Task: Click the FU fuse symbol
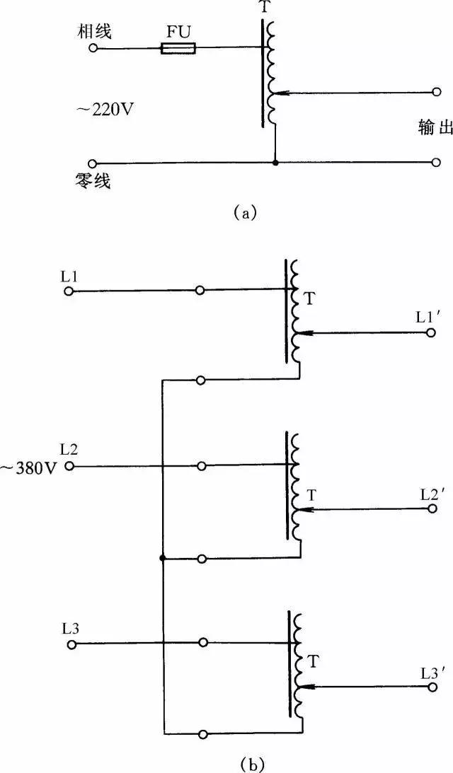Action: tap(178, 48)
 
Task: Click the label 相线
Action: tap(97, 32)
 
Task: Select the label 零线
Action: tap(96, 182)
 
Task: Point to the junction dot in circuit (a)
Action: tap(275, 163)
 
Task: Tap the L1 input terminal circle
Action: tap(69, 291)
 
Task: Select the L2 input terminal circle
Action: tap(69, 466)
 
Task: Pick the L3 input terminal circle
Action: tap(70, 644)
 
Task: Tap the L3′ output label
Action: tap(431, 666)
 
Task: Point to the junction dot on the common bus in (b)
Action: tap(163, 558)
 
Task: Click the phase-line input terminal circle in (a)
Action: tap(92, 48)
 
